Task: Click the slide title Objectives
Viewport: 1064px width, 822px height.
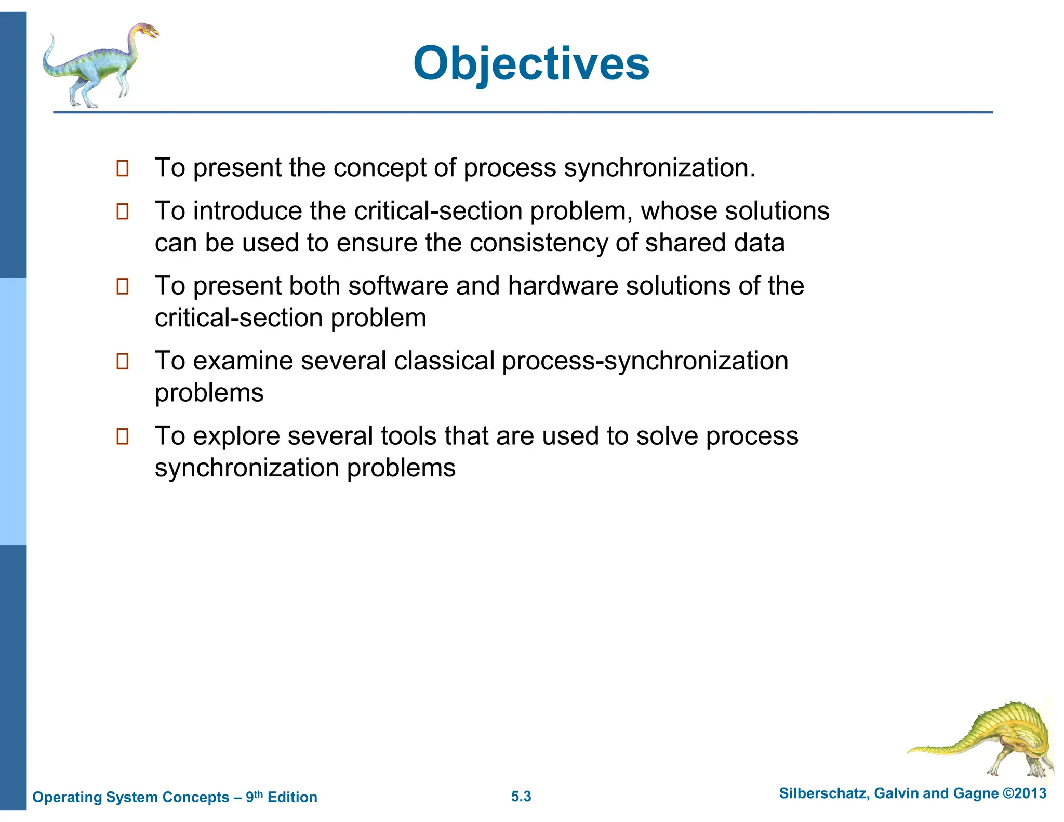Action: click(x=531, y=63)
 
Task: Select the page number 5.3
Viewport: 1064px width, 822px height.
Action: click(x=521, y=797)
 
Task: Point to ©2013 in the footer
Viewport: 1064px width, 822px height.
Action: click(x=1024, y=793)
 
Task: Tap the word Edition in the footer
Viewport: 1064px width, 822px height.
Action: click(x=292, y=797)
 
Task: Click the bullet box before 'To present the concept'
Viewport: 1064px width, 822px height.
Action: click(x=123, y=168)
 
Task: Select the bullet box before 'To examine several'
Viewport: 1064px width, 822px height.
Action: click(x=123, y=361)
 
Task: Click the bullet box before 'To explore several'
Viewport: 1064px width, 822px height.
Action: click(x=123, y=436)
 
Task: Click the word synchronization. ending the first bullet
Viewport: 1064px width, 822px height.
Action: click(x=660, y=168)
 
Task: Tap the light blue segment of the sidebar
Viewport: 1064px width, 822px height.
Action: click(x=13, y=410)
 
